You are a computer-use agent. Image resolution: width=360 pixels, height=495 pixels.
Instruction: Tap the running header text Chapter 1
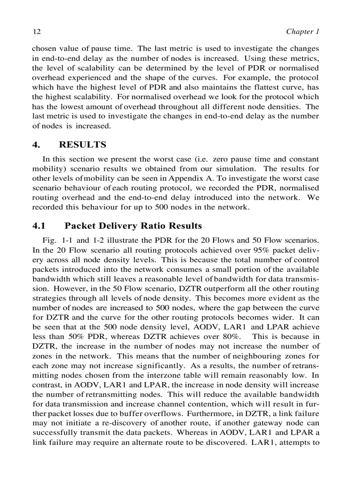[302, 32]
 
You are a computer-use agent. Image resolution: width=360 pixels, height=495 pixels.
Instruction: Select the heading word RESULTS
[82, 145]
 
